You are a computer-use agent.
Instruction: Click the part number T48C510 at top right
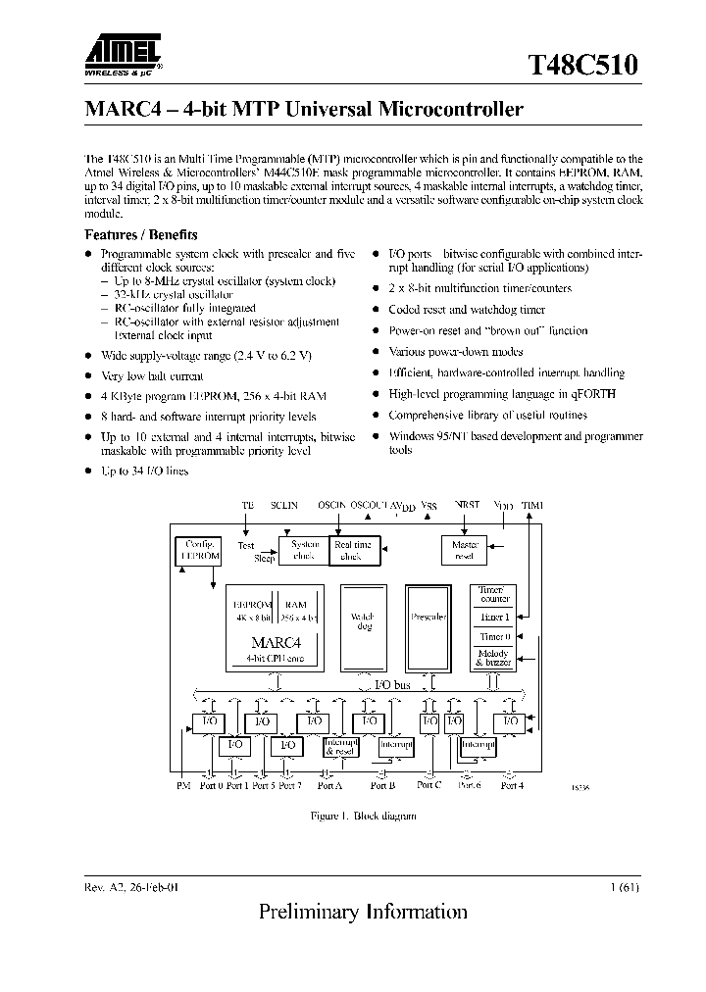[x=585, y=65]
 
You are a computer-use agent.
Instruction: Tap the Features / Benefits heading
[x=141, y=235]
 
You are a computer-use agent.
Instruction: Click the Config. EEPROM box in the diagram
[x=198, y=550]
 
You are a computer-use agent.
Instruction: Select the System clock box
[x=303, y=551]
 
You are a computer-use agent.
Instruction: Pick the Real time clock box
[x=351, y=551]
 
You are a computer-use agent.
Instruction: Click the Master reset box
[x=464, y=550]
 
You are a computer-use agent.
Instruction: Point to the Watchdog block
[x=363, y=621]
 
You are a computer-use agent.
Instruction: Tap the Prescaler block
[x=429, y=618]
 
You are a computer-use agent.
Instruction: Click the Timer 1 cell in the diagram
[x=495, y=617]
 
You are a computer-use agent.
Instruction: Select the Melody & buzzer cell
[x=495, y=658]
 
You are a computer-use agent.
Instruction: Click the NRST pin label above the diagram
[x=467, y=505]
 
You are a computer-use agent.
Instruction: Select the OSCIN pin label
[x=332, y=505]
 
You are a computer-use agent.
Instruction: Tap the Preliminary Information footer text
[x=363, y=912]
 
